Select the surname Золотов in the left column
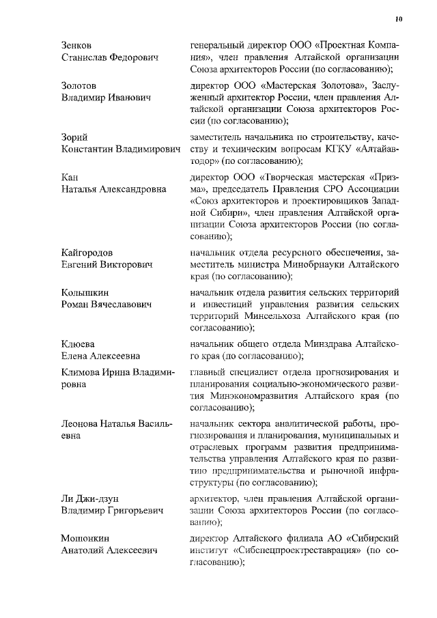coord(79,85)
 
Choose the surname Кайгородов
coord(87,253)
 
